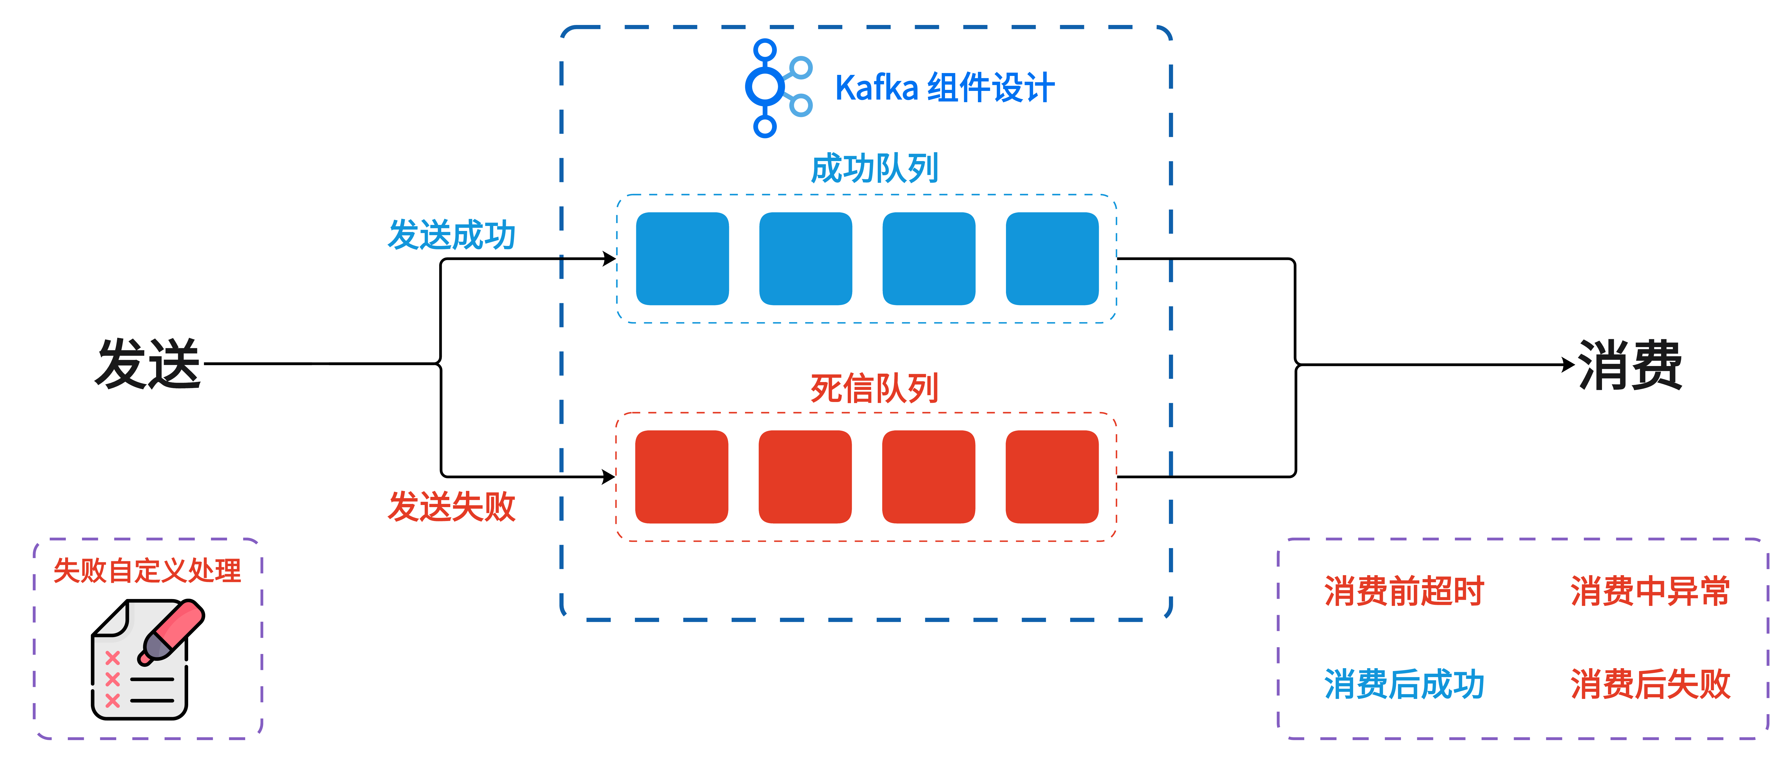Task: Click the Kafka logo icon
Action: click(776, 88)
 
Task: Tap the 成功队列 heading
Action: click(874, 169)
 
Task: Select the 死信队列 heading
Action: click(874, 388)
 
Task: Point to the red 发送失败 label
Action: click(451, 507)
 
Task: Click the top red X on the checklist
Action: click(112, 657)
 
